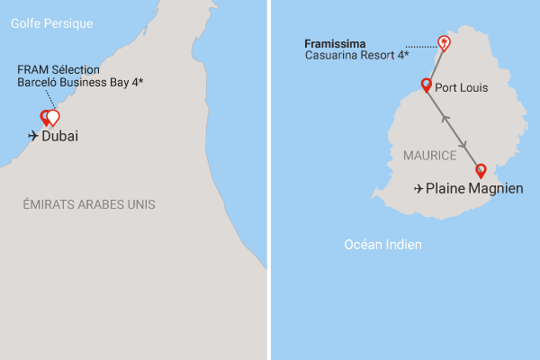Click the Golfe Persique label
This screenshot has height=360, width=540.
click(52, 23)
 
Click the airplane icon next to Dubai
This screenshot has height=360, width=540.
click(34, 137)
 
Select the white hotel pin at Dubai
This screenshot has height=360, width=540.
click(53, 117)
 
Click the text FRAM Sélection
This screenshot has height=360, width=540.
click(58, 69)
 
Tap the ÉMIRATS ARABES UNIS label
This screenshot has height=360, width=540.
click(89, 205)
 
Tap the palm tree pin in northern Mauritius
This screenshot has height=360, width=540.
click(443, 42)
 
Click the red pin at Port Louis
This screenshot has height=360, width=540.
click(427, 85)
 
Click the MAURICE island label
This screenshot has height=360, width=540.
click(429, 156)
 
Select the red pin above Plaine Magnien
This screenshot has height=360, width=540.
click(480, 169)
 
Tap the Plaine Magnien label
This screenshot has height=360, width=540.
click(474, 189)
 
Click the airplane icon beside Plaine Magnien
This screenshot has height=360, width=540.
click(418, 189)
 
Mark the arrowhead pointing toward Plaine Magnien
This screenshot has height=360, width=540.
click(463, 146)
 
